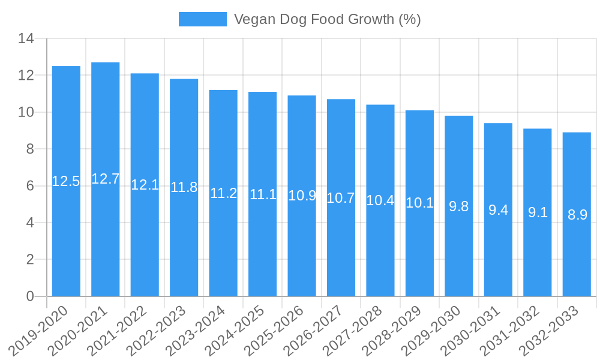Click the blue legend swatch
coord(203,19)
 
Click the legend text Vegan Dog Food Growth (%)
coord(327,19)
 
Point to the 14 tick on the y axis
coord(26,39)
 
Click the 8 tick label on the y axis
coord(29,149)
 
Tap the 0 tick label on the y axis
coord(29,296)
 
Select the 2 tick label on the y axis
coord(29,260)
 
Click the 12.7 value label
coord(106,179)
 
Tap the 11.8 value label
coord(184,187)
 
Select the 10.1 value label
coord(419,203)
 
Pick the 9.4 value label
coord(498,210)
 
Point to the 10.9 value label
coord(302,196)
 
